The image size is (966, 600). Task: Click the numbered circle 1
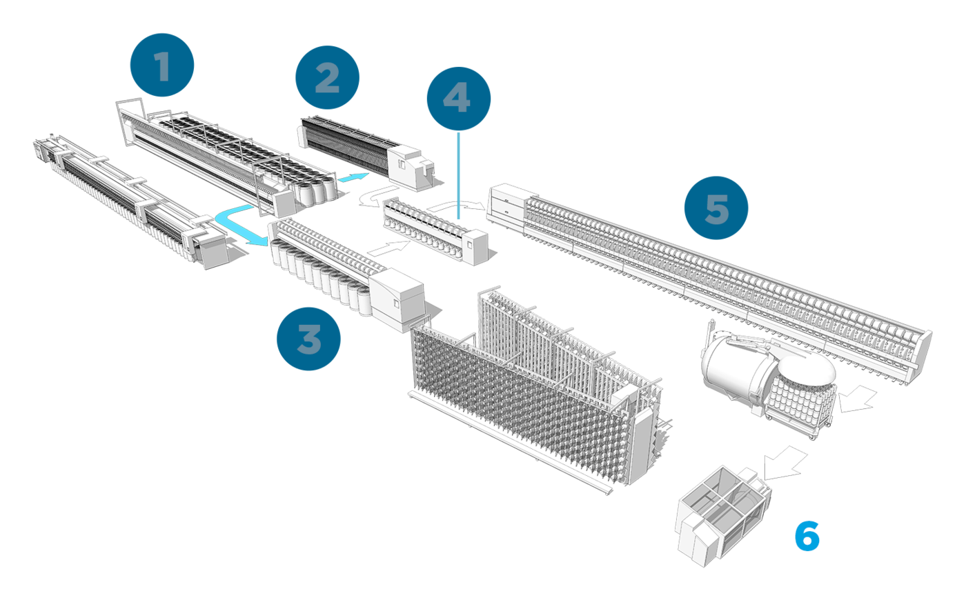tap(162, 65)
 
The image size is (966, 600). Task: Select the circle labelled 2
tap(327, 78)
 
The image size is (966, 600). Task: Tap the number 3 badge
tap(308, 339)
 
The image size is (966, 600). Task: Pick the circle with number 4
tap(458, 99)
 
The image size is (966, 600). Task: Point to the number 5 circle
tap(716, 208)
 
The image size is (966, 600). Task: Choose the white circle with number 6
tap(807, 534)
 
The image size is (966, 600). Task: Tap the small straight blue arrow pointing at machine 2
tap(354, 179)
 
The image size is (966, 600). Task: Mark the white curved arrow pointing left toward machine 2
tap(373, 197)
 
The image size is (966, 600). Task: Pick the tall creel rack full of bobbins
tap(531, 386)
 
